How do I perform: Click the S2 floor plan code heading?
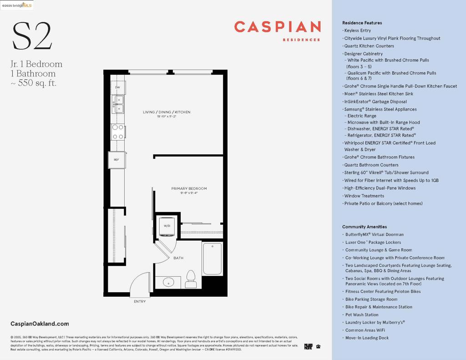pyautogui.click(x=32, y=36)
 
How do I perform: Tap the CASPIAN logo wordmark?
pyautogui.click(x=277, y=27)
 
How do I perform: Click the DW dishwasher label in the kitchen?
pyautogui.click(x=117, y=87)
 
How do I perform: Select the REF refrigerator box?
pyautogui.click(x=116, y=160)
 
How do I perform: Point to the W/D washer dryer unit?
pyautogui.click(x=167, y=226)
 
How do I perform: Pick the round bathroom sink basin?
pyautogui.click(x=168, y=282)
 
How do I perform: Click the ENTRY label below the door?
pyautogui.click(x=140, y=301)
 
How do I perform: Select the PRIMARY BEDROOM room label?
pyautogui.click(x=189, y=188)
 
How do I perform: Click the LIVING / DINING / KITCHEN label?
pyautogui.click(x=167, y=112)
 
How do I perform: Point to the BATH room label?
pyautogui.click(x=178, y=258)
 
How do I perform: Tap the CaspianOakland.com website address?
pyautogui.click(x=40, y=324)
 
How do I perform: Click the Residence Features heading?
pyautogui.click(x=362, y=23)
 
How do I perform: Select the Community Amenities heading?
pyautogui.click(x=364, y=227)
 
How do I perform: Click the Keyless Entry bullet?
pyautogui.click(x=358, y=30)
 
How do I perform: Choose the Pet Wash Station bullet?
pyautogui.click(x=362, y=314)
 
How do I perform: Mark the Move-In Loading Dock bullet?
pyautogui.click(x=367, y=338)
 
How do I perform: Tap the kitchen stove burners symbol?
pyautogui.click(x=118, y=132)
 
